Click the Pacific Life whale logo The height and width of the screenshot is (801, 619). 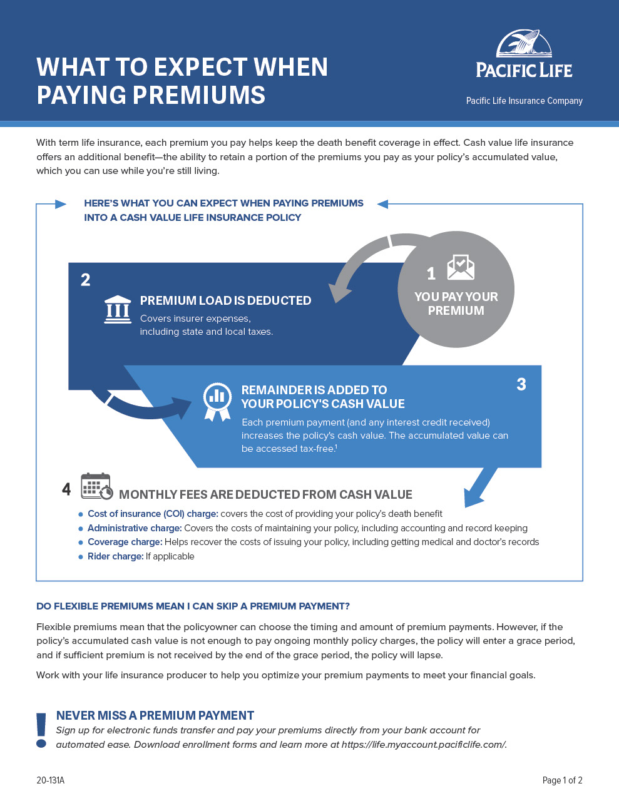[x=524, y=45]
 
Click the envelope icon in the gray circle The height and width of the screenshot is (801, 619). [x=461, y=267]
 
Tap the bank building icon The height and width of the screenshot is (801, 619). [x=118, y=309]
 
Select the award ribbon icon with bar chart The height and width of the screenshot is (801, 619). [x=217, y=401]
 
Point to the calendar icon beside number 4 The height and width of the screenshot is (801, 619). [x=96, y=486]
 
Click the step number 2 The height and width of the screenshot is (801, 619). [x=86, y=280]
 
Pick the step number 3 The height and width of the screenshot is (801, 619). [x=521, y=384]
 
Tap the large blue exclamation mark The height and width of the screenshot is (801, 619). [x=41, y=730]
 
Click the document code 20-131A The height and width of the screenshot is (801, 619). [x=50, y=780]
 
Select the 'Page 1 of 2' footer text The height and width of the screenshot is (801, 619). [x=562, y=780]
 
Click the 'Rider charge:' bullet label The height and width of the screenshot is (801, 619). [x=115, y=556]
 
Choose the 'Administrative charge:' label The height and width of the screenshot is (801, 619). [x=135, y=528]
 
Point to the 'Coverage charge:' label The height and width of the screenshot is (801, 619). [x=125, y=542]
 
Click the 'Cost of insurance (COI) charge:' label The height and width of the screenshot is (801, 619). [x=153, y=514]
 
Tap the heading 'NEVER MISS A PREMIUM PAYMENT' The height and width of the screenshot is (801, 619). [x=155, y=715]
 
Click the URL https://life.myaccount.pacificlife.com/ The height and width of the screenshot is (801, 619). [x=424, y=744]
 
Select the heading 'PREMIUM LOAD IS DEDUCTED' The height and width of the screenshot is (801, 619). [x=225, y=300]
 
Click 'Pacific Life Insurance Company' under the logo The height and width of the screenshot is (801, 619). [x=524, y=101]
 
